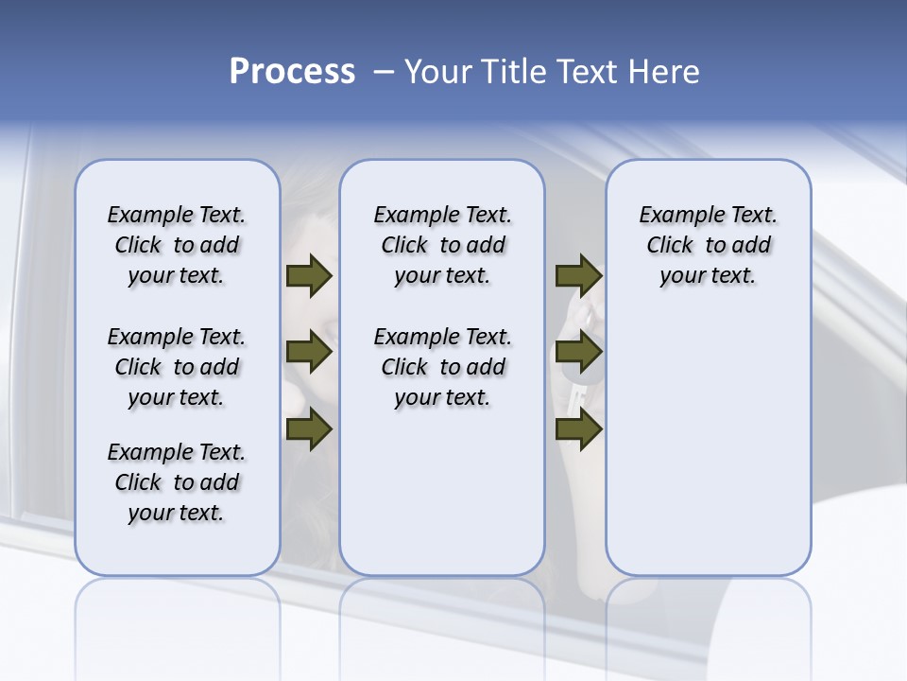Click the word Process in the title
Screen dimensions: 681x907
292,72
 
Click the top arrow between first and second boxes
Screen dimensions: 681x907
309,275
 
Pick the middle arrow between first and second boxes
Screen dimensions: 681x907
309,353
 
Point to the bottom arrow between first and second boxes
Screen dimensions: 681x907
309,429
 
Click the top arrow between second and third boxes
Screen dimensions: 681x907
578,275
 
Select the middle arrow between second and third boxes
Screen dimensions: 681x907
578,353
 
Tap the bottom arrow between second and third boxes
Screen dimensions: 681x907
578,429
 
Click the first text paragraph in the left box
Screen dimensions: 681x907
177,245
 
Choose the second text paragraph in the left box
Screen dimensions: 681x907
177,367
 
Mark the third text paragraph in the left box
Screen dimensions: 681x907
177,482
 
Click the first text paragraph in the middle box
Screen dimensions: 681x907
442,245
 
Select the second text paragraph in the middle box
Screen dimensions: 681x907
442,367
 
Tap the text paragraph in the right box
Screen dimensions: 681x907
708,245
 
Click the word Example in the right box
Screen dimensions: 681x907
675,216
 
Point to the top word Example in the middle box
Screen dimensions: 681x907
409,216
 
